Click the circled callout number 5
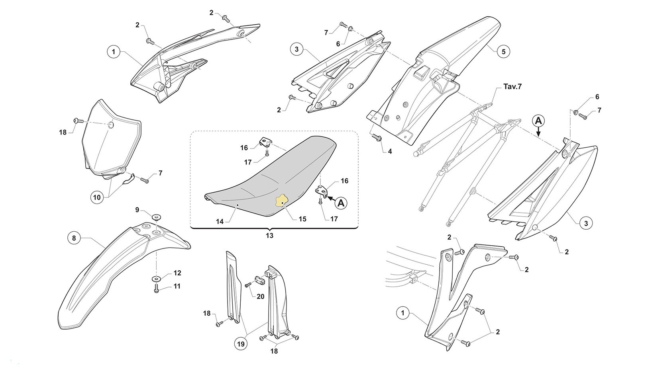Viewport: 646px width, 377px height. [503, 51]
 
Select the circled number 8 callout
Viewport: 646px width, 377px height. [74, 238]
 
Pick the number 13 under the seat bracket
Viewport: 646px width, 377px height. [269, 236]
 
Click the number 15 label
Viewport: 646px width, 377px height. [302, 219]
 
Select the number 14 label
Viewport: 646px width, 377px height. [220, 221]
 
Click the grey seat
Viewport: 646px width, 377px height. [271, 175]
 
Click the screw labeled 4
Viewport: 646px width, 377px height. [377, 138]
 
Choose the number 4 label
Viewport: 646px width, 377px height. [389, 151]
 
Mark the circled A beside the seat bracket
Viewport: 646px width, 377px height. [341, 203]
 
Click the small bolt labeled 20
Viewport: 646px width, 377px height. [248, 284]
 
